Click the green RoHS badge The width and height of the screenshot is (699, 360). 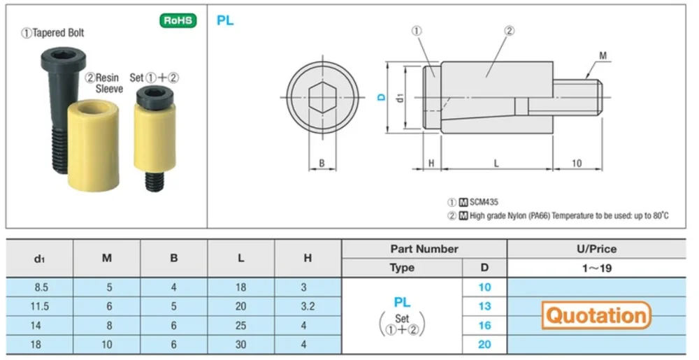[178, 20]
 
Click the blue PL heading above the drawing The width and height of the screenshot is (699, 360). [225, 20]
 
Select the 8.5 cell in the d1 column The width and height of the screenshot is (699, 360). [39, 287]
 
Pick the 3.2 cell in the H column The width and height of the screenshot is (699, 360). [308, 306]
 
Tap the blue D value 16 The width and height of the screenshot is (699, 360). [484, 325]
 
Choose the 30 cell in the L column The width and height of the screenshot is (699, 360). [240, 345]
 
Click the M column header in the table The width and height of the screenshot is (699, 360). [106, 258]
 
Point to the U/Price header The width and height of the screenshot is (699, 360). [597, 249]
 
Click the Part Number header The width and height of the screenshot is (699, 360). [424, 249]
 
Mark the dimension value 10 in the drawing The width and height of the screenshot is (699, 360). [577, 163]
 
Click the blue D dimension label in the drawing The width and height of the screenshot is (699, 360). [381, 98]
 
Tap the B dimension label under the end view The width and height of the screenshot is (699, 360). [322, 164]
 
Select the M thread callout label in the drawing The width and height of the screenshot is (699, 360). [603, 55]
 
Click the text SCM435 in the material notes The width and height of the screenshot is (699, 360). [484, 201]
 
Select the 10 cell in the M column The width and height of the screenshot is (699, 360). [106, 345]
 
